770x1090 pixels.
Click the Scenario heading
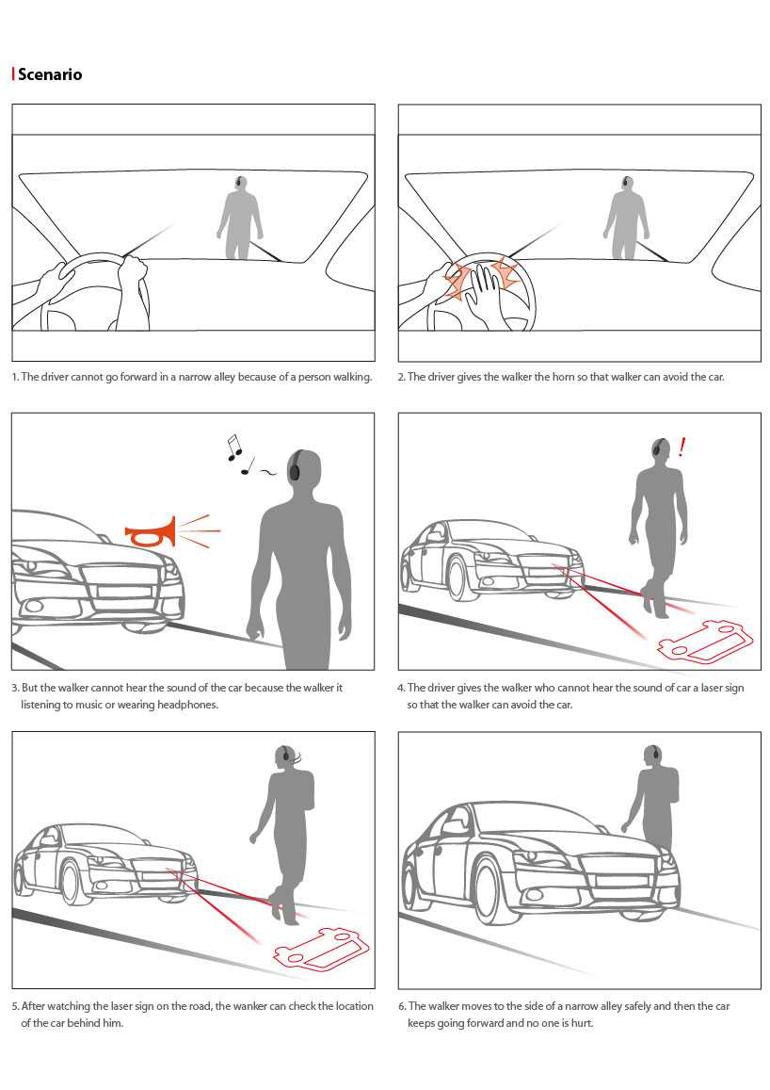tap(50, 74)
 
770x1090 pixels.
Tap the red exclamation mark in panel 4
tap(682, 447)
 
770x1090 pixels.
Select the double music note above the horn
tap(234, 447)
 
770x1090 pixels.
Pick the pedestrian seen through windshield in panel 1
tap(240, 218)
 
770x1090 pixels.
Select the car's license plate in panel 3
tap(125, 592)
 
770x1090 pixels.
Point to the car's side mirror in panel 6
tap(452, 827)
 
